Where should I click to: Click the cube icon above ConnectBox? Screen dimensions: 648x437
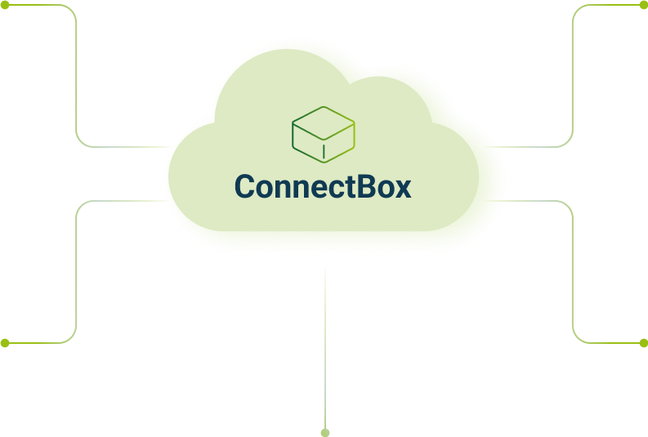[x=324, y=134]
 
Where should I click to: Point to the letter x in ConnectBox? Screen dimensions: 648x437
[x=401, y=189]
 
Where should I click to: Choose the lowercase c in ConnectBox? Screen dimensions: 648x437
[x=333, y=190]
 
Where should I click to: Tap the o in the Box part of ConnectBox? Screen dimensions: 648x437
[x=382, y=190]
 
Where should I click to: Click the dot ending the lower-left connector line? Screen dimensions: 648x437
[x=5, y=343]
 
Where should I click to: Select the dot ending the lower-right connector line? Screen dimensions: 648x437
[x=643, y=343]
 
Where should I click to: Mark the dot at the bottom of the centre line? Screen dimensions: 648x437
[x=325, y=432]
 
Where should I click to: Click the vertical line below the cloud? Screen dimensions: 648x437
[x=325, y=343]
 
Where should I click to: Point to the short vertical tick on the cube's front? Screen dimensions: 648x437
[x=324, y=151]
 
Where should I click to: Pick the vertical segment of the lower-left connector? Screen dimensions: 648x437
[x=77, y=270]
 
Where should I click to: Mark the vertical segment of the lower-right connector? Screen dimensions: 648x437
[x=573, y=270]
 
